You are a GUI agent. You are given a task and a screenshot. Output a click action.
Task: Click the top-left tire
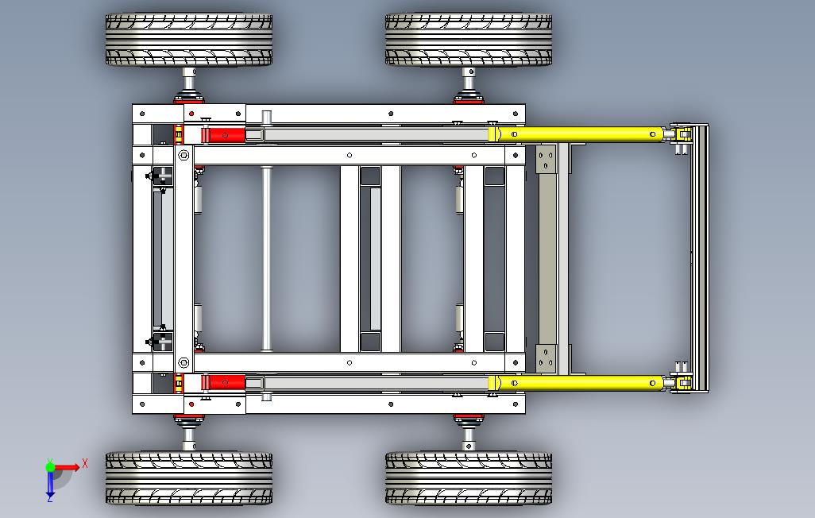click(x=189, y=40)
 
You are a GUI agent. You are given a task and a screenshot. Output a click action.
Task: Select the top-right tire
click(x=469, y=40)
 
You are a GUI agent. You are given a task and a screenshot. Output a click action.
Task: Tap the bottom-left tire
click(x=189, y=478)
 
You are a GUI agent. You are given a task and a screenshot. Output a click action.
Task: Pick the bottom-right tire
click(x=469, y=478)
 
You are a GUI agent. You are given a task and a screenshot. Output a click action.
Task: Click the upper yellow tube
click(x=580, y=134)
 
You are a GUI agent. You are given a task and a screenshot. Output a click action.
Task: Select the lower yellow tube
click(x=580, y=383)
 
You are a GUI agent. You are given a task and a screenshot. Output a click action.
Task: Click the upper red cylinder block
click(x=224, y=135)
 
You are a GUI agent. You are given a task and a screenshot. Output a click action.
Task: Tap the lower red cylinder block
click(x=224, y=382)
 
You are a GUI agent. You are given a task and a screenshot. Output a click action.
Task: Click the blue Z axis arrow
click(x=50, y=483)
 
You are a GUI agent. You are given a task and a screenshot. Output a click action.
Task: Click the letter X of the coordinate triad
click(x=85, y=463)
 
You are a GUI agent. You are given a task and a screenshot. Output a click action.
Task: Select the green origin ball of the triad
click(x=50, y=467)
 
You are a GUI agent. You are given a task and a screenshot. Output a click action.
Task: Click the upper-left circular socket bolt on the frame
click(x=183, y=155)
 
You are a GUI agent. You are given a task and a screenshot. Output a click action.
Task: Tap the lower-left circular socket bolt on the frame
click(x=183, y=362)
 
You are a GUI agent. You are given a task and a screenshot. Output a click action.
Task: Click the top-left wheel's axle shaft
click(x=189, y=79)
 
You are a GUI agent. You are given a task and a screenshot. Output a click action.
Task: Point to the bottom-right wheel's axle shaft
click(x=469, y=439)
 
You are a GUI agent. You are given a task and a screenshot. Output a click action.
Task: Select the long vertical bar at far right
click(x=699, y=258)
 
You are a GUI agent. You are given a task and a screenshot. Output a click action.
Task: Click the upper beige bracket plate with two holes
click(x=546, y=159)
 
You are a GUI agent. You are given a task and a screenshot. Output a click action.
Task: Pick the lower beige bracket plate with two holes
click(x=546, y=359)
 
